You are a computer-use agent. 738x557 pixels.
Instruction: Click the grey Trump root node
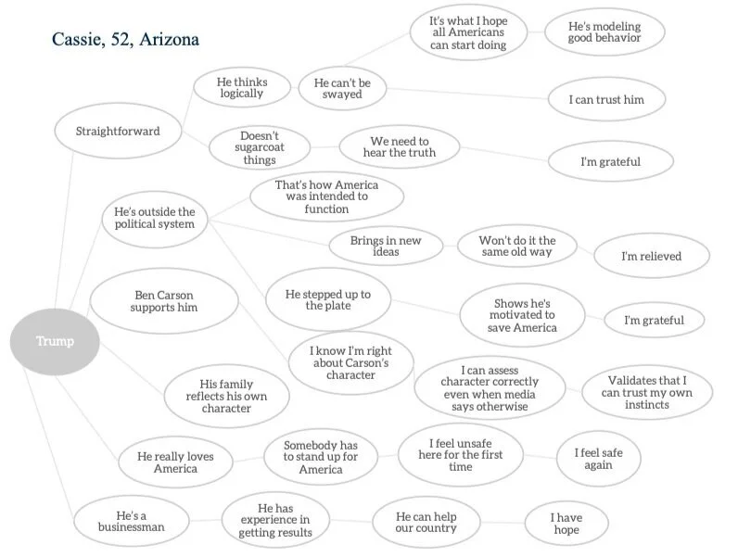(x=55, y=341)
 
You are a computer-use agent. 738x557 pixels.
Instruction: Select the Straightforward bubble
(x=117, y=131)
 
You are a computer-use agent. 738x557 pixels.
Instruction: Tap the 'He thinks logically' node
(x=241, y=87)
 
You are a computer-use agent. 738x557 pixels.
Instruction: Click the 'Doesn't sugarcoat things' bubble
(x=259, y=147)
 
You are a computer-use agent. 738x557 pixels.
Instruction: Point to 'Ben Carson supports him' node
(x=164, y=300)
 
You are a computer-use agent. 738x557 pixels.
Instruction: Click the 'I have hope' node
(x=566, y=523)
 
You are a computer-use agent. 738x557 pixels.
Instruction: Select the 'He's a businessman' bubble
(x=131, y=520)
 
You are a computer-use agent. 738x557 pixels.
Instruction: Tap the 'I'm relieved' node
(x=651, y=256)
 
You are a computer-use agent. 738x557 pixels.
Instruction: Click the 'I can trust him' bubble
(x=620, y=99)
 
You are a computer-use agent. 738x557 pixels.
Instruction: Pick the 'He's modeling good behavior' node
(x=604, y=33)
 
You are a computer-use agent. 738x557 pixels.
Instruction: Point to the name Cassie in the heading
(x=78, y=41)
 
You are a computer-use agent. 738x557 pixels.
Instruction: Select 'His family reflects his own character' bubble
(x=226, y=397)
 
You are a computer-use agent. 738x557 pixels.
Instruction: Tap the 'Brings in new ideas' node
(x=385, y=247)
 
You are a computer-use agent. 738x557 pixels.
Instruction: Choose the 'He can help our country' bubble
(x=426, y=522)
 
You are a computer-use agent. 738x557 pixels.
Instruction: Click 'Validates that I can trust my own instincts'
(x=647, y=392)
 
